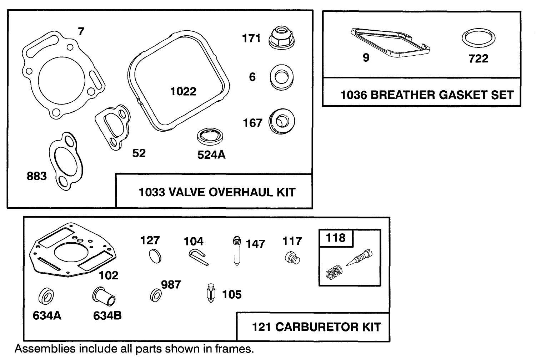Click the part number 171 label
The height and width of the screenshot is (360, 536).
(251, 38)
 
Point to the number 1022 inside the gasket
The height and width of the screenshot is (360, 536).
(183, 92)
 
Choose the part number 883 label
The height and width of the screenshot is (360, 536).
(37, 176)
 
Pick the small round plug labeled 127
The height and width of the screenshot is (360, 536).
(155, 257)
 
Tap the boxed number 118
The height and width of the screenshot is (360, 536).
(336, 238)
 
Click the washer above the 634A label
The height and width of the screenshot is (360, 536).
(46, 296)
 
